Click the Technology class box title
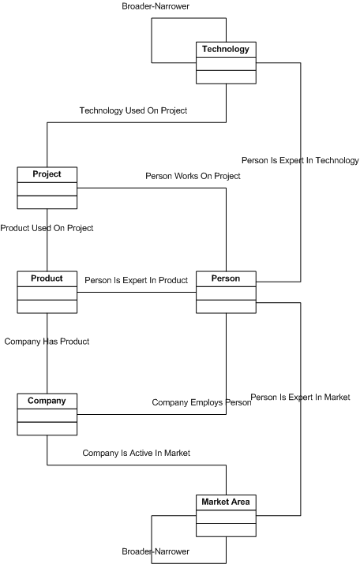(226, 49)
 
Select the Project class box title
(47, 174)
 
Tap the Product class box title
(47, 278)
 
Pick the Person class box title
(226, 278)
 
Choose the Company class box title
(47, 401)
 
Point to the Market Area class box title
(226, 502)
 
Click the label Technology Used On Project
(133, 110)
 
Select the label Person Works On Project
(193, 176)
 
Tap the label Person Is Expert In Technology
(300, 160)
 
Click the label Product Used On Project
(47, 228)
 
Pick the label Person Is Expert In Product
(137, 280)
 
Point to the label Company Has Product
(47, 342)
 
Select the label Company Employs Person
(201, 402)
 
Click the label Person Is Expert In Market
(300, 397)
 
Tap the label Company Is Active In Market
(137, 453)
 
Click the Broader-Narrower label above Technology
(156, 6)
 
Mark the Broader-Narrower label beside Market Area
(156, 551)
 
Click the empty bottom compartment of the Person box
(226, 307)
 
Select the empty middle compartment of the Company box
(47, 416)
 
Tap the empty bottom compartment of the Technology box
(226, 77)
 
